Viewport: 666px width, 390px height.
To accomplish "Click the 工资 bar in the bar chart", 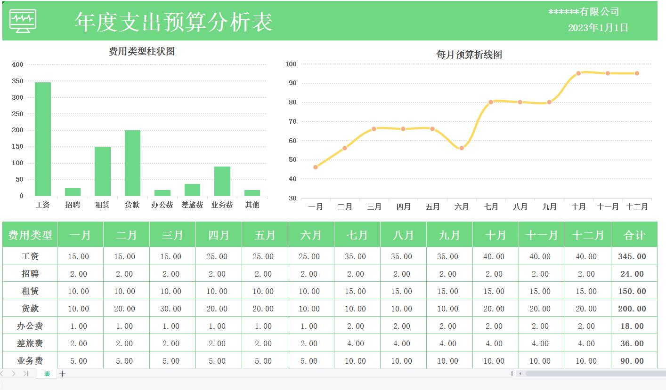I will [x=43, y=139].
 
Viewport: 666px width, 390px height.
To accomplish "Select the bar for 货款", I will [x=132, y=163].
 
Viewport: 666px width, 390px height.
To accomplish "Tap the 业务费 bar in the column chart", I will [x=222, y=181].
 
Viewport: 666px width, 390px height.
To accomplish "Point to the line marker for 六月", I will [x=462, y=148].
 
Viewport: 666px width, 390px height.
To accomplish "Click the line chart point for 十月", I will [x=578, y=73].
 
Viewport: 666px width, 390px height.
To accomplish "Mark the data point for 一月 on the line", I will [x=316, y=167].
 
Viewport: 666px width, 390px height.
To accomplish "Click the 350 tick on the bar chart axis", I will [x=17, y=81].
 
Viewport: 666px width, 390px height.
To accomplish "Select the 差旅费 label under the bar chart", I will [x=192, y=205].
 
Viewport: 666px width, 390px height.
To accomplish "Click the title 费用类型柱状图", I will [x=142, y=52].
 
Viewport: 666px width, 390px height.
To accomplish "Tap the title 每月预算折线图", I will [x=469, y=55].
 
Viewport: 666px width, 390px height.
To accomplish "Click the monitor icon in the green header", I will [x=23, y=22].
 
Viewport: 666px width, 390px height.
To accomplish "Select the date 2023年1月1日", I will [x=598, y=28].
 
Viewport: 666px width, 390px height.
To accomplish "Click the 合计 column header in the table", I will [x=634, y=235].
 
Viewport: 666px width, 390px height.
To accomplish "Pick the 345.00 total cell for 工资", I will [x=632, y=257].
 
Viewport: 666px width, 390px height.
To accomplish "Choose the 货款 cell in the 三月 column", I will [x=171, y=309].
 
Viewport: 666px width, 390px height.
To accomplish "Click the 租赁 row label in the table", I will [x=30, y=292].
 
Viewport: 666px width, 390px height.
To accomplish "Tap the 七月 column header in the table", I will [x=357, y=235].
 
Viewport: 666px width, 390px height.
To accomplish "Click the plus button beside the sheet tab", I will [x=62, y=374].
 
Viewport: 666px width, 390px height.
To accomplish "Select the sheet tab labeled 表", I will [x=47, y=374].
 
